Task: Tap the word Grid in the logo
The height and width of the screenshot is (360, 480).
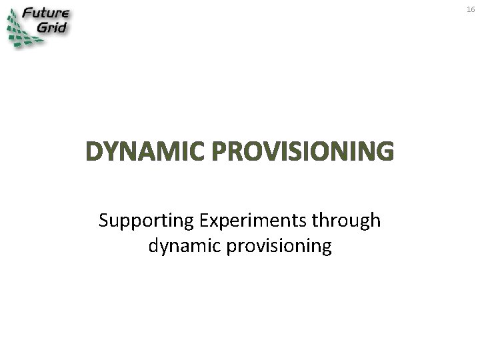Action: (53, 28)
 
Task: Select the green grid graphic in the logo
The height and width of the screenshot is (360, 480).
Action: (20, 30)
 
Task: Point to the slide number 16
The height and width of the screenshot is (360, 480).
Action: (470, 9)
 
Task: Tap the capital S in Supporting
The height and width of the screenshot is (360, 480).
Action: (103, 221)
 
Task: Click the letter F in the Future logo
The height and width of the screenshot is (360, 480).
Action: (27, 13)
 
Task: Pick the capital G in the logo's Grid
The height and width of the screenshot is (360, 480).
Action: (41, 28)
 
